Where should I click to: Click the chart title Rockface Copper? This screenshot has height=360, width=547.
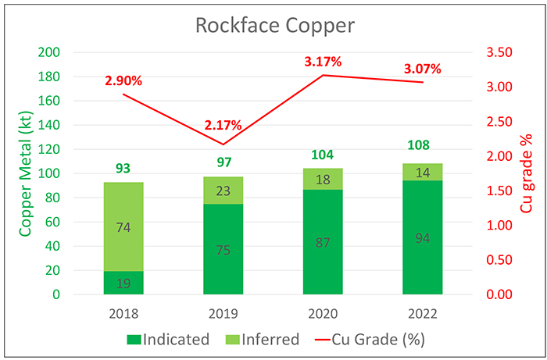pos(275,26)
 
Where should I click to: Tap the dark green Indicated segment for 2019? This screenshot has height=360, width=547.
pos(223,249)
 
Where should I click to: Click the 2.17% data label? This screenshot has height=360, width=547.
pos(223,125)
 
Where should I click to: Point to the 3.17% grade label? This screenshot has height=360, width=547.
pos(323,62)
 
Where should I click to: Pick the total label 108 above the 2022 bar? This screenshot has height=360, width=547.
pos(423,146)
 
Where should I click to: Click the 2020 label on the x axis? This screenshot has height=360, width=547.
pos(323,314)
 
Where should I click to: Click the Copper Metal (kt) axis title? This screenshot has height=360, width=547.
pos(25,174)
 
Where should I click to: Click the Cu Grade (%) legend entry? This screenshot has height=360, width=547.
pos(368,340)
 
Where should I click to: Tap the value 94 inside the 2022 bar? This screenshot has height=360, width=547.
pos(423,238)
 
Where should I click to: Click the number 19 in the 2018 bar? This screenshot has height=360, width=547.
pos(123,283)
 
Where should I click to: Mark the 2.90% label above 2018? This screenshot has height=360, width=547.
pos(123,81)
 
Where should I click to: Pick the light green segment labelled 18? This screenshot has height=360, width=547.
pos(323,179)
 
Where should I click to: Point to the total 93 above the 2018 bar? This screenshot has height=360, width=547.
pos(123,169)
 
